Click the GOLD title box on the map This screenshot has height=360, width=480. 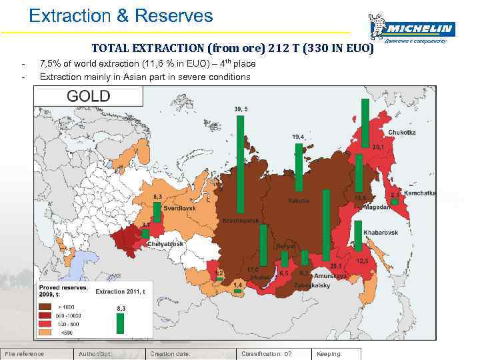coord(89,97)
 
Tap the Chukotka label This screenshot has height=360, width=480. coord(401,133)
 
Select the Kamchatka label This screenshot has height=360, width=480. coord(420,193)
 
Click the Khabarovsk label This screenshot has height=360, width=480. coord(381,233)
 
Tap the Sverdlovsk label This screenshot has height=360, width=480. coord(180,208)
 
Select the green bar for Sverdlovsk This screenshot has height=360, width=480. coord(157,212)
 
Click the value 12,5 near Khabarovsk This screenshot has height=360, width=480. coord(362,261)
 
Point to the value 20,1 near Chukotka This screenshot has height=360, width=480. coord(378,147)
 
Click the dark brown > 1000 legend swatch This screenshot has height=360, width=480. coord(47,306)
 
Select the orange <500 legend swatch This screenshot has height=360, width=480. coord(47,331)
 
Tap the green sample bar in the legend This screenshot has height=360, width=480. coord(121,323)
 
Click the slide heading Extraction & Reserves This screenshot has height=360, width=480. coord(121,16)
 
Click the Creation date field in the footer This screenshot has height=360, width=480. coord(171,354)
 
